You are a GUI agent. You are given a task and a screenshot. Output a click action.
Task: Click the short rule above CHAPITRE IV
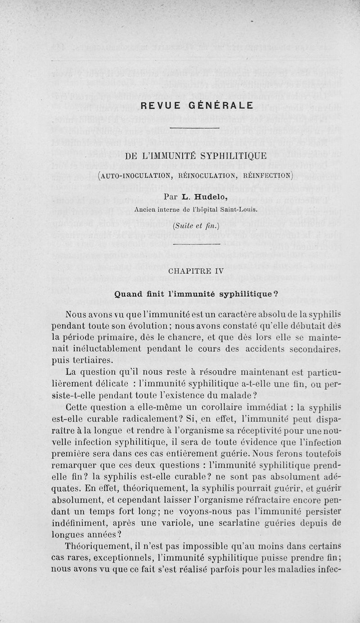pos(195,244)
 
